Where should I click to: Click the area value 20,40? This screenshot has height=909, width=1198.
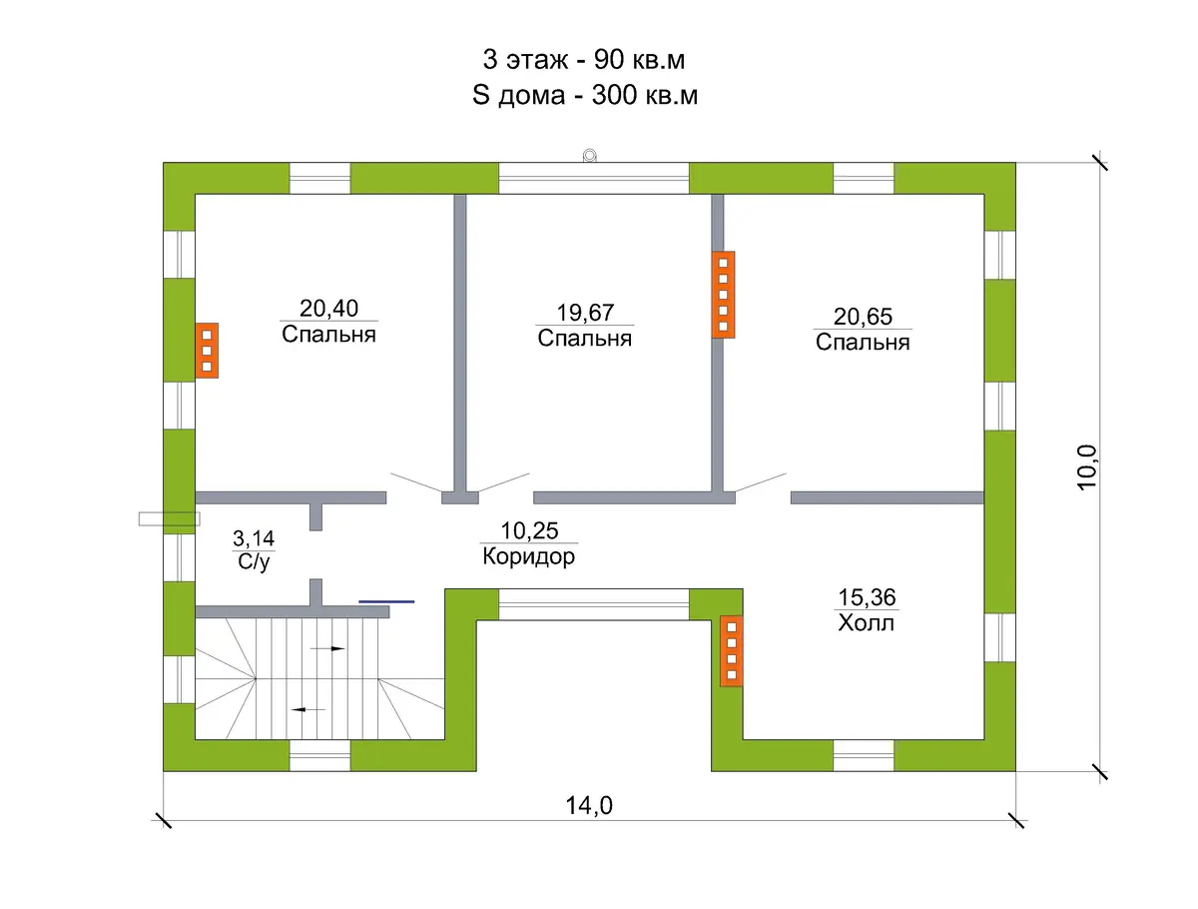328,309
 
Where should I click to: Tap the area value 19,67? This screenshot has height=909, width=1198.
585,313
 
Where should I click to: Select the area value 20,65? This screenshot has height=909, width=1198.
863,317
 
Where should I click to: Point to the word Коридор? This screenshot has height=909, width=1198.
528,556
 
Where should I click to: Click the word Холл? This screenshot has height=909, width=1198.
867,623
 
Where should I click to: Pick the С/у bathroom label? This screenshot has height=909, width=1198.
254,561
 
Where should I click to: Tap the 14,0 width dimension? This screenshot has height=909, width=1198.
589,805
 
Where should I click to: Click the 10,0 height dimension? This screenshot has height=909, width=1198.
1086,467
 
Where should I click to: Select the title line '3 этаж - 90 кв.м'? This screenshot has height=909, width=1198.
583,60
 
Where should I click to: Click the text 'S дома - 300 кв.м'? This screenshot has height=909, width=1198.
585,95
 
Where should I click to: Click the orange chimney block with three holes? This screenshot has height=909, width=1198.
207,351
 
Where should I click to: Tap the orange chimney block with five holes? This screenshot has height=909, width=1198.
723,295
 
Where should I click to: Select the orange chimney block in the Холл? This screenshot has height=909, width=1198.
732,650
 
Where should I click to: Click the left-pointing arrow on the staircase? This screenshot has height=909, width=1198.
308,710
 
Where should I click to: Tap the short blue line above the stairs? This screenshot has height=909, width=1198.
386,601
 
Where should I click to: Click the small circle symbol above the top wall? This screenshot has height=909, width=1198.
589,156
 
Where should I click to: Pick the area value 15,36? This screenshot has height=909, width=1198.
867,597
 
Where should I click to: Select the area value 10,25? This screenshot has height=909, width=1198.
529,530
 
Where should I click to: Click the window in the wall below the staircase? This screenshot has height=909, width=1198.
319,755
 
